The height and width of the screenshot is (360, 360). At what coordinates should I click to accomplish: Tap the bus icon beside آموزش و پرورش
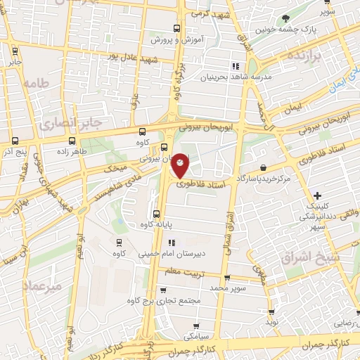174,29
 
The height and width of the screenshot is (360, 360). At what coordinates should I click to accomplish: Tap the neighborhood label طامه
37,83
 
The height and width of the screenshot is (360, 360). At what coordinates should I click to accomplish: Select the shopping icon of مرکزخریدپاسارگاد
263,168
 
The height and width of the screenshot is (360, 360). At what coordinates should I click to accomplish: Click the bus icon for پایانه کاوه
156,214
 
